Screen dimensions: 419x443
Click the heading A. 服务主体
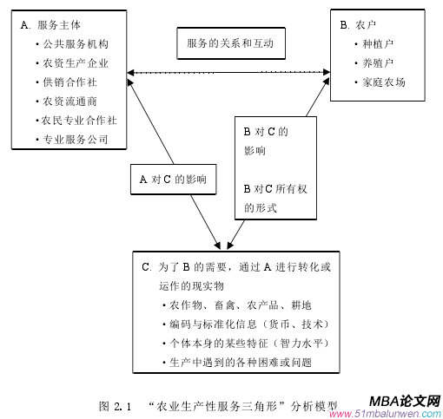click(x=50, y=24)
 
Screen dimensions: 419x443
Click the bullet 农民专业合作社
click(x=80, y=120)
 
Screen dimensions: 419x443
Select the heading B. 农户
click(x=361, y=25)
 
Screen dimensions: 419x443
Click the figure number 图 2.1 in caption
click(x=116, y=405)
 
